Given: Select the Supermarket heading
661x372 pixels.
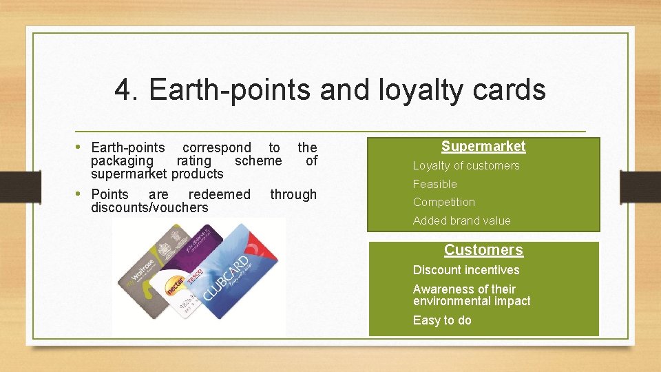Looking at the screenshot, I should pyautogui.click(x=483, y=146).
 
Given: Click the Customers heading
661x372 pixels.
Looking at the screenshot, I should pyautogui.click(x=483, y=250).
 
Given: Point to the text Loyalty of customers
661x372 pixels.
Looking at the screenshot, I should pyautogui.click(x=465, y=165).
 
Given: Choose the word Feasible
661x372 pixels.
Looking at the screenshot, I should pyautogui.click(x=434, y=184).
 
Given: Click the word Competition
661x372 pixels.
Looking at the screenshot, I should pyautogui.click(x=443, y=202).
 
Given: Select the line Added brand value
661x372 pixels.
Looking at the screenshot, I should pyautogui.click(x=461, y=220).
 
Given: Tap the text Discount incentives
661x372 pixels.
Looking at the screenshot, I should pyautogui.click(x=465, y=270).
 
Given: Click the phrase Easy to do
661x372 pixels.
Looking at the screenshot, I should pyautogui.click(x=441, y=320).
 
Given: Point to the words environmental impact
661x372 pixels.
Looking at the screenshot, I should pyautogui.click(x=471, y=301).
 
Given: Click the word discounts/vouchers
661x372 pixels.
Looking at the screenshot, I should pyautogui.click(x=149, y=207).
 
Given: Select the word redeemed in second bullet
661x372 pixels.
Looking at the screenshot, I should pyautogui.click(x=219, y=194).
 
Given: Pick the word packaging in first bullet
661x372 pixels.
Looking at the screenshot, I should pyautogui.click(x=122, y=161).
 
